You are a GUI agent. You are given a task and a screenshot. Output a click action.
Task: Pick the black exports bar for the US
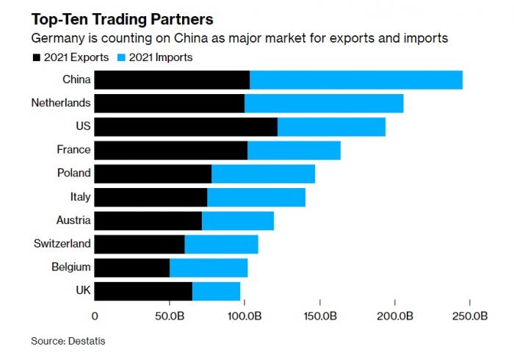pos(186,126)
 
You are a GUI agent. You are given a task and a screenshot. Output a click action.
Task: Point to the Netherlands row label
pos(61,103)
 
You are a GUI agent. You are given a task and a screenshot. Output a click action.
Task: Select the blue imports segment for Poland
pos(263,173)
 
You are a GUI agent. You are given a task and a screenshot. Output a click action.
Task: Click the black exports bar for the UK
pos(143,291)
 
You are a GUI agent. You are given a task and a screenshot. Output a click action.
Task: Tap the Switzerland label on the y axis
pos(62,243)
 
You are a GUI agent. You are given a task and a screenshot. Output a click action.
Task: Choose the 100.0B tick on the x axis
pos(245,316)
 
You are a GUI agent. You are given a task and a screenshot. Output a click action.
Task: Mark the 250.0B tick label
pos(469,316)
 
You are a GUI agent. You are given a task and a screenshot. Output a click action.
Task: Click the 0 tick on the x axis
pos(95,316)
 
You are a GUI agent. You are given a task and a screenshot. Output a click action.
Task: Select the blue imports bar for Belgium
pos(209,267)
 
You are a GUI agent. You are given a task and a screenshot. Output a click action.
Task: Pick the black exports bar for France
pos(171,150)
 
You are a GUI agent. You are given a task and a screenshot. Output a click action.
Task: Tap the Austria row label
pos(73,220)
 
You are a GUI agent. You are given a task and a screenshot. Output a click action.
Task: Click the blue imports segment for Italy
pos(256,197)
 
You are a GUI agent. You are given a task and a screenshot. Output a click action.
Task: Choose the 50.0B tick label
pos(170,316)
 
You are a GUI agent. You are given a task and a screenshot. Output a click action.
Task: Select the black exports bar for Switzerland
pos(140,243)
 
